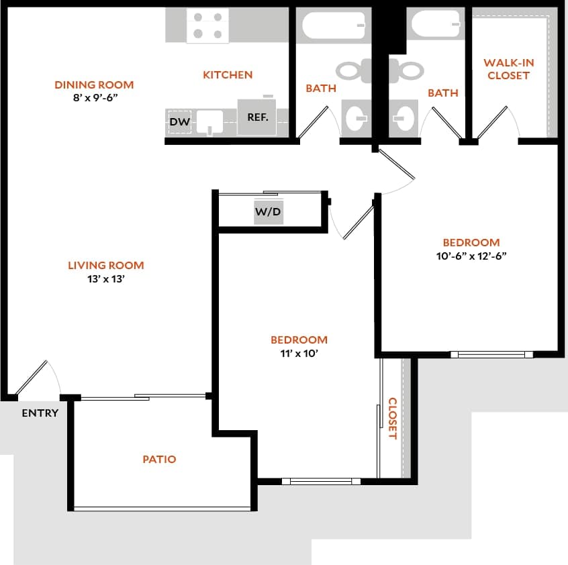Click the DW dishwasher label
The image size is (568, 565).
(x=179, y=121)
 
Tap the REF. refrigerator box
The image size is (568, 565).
(x=258, y=117)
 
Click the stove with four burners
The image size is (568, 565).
(x=207, y=25)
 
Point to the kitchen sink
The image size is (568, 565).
(x=214, y=123)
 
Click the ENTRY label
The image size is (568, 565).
(x=40, y=413)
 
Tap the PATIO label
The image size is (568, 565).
(x=160, y=460)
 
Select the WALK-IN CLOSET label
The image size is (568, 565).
(x=509, y=69)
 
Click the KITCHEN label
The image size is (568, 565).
(x=228, y=75)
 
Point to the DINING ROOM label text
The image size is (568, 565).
(x=94, y=85)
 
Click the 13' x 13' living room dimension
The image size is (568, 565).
(x=106, y=279)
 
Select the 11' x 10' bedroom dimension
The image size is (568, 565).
(x=299, y=354)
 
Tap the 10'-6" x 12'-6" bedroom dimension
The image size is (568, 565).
(x=471, y=256)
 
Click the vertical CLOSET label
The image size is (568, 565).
(x=393, y=419)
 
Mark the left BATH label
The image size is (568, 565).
(x=321, y=89)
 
